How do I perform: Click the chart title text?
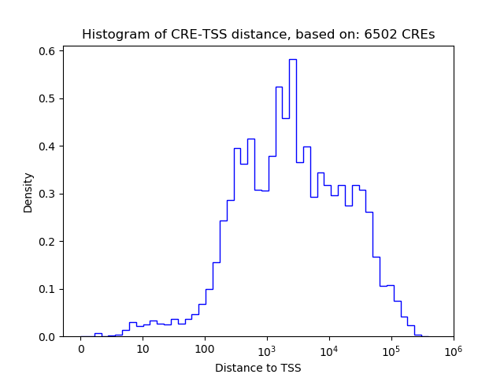click(258, 35)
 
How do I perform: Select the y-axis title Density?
click(28, 193)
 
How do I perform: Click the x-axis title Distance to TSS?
click(258, 368)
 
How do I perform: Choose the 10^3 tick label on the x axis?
click(267, 349)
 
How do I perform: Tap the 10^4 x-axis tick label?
click(329, 349)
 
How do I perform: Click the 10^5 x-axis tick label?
click(391, 349)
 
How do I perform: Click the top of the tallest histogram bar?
click(292, 59)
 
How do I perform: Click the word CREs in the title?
click(417, 35)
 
